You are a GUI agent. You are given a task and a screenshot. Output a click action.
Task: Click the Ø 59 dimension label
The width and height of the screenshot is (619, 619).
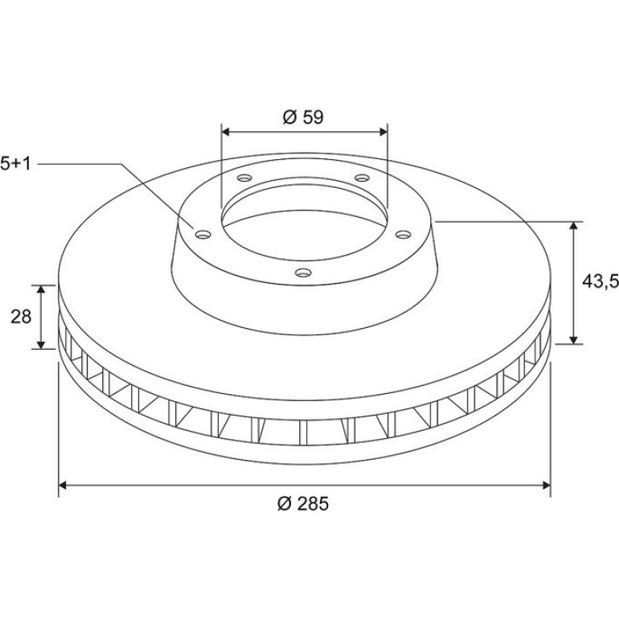click(303, 117)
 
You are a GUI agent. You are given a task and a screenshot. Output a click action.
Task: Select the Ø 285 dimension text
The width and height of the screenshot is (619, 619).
click(303, 504)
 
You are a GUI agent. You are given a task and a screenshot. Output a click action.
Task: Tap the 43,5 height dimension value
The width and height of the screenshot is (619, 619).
click(600, 281)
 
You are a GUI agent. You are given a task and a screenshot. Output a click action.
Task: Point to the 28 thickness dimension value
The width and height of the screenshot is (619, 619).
click(21, 317)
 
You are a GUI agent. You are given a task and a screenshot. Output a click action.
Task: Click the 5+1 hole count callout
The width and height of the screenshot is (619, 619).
click(15, 163)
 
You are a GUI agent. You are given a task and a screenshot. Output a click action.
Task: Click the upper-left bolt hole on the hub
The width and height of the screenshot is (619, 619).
click(244, 178)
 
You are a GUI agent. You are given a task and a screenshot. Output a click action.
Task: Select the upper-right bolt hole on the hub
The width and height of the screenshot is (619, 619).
click(362, 178)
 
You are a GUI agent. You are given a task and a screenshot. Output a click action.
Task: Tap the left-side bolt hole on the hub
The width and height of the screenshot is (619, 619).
click(203, 235)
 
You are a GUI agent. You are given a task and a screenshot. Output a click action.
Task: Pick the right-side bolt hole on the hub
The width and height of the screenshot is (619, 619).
click(404, 235)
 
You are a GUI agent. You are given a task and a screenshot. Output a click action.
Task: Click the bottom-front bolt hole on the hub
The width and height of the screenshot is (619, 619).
click(303, 273)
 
